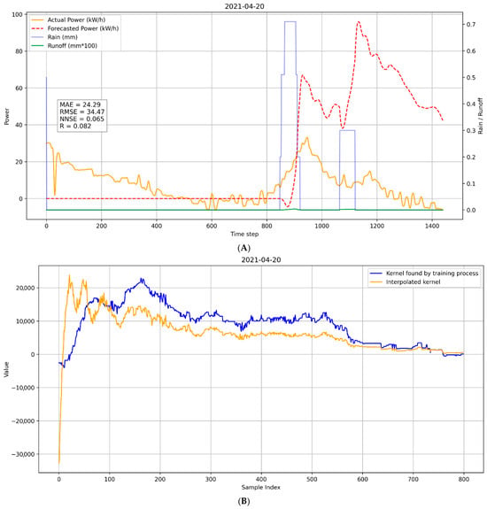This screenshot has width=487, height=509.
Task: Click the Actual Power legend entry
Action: click(x=68, y=19)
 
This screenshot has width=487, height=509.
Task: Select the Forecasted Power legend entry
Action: click(x=75, y=28)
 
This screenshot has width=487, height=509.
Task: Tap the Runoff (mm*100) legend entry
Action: click(x=65, y=46)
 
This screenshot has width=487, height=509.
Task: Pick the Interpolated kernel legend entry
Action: click(x=405, y=282)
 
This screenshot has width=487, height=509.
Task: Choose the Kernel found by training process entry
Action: click(x=424, y=274)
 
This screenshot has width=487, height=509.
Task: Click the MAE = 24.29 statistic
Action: click(x=81, y=104)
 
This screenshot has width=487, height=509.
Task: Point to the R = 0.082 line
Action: click(x=75, y=126)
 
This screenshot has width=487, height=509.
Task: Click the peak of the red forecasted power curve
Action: click(x=359, y=22)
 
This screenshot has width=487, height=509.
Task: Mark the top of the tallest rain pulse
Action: click(x=290, y=21)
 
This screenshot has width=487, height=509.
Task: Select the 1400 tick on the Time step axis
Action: click(x=432, y=226)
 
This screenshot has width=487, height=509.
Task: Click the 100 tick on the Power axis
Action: click(x=17, y=15)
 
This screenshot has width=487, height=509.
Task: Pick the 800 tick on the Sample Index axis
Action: click(x=464, y=479)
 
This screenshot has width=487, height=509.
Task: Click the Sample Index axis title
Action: click(x=260, y=487)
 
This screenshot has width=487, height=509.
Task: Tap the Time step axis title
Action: click(x=244, y=234)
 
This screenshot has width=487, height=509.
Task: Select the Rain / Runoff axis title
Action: click(x=481, y=116)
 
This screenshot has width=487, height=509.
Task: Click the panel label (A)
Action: click(x=244, y=249)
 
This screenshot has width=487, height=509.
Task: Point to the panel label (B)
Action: click(x=244, y=502)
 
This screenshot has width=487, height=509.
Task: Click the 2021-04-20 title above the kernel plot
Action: click(x=261, y=259)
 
